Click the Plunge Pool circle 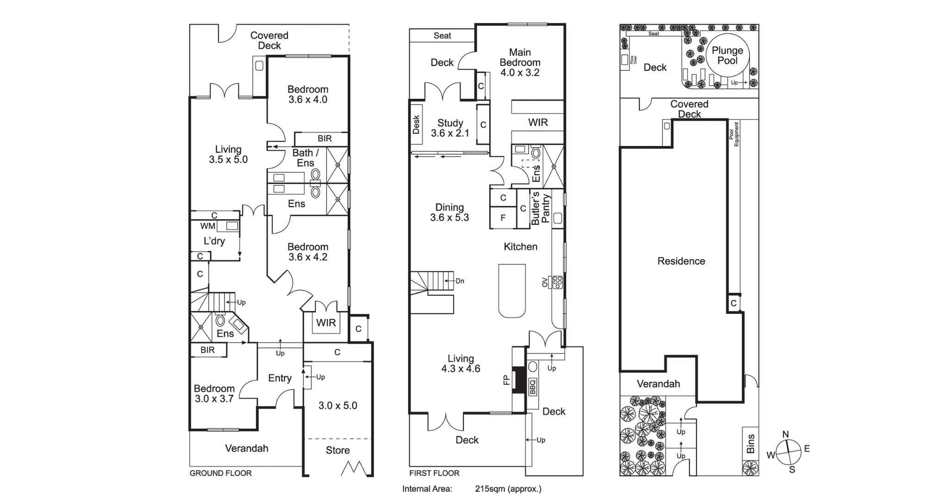click(727, 55)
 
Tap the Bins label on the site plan click(750, 443)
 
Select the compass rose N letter click(786, 434)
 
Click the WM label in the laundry click(207, 226)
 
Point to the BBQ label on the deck click(532, 386)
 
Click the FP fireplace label click(506, 380)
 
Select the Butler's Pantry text click(541, 208)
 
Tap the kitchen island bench click(512, 291)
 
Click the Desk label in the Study click(416, 125)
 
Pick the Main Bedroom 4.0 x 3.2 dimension click(520, 73)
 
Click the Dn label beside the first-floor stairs click(460, 281)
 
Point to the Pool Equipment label click(734, 134)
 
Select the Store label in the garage click(337, 450)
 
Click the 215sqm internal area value click(508, 489)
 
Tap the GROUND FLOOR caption click(221, 473)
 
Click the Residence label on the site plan click(681, 261)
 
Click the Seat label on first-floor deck click(442, 36)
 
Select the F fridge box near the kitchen click(503, 218)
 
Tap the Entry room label click(280, 378)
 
